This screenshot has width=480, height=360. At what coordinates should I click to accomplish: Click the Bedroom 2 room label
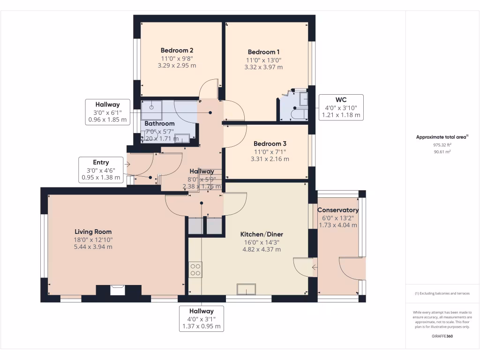[177, 50]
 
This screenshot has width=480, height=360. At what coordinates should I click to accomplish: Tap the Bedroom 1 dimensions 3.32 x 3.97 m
[263, 67]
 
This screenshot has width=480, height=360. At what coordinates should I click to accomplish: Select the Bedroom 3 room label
[270, 144]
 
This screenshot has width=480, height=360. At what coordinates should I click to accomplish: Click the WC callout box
[341, 107]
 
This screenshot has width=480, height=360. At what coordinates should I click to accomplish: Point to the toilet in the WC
[298, 114]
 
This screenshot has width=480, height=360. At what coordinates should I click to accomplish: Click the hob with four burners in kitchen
[195, 269]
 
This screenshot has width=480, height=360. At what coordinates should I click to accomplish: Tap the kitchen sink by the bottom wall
[246, 289]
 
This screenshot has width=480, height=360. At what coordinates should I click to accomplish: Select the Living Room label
[93, 232]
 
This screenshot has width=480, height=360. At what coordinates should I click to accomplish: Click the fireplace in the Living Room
[118, 290]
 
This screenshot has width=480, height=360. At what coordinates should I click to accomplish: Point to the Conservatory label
[338, 210]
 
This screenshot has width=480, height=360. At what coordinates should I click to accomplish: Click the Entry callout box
[101, 170]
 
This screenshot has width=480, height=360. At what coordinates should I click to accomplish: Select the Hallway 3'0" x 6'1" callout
[107, 112]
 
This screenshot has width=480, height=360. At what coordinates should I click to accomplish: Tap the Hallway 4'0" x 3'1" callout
[201, 319]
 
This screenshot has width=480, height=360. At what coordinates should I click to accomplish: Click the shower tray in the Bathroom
[152, 109]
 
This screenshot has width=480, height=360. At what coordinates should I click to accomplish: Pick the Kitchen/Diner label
[262, 234]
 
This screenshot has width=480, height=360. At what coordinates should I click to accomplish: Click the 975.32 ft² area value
[442, 145]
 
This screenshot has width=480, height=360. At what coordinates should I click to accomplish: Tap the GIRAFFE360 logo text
[442, 336]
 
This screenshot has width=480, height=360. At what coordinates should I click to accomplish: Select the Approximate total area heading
[442, 137]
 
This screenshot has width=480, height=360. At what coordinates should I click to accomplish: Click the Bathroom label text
[159, 124]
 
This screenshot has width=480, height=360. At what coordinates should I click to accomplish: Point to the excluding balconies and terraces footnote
[442, 293]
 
